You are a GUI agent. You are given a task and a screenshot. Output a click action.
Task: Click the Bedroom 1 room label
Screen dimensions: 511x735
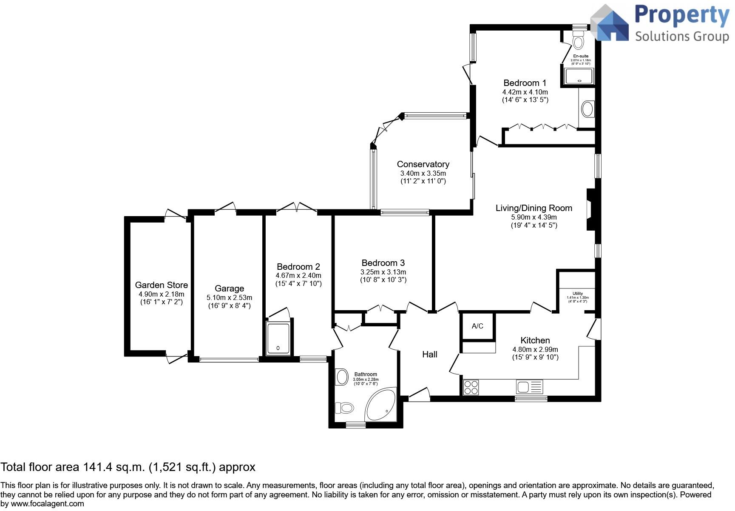[525, 83]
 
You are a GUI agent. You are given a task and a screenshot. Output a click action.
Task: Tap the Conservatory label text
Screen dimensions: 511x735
[423, 164]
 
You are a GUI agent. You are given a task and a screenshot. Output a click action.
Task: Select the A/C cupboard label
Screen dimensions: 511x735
[477, 326]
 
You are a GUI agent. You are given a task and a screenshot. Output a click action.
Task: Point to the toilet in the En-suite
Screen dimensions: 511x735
[578, 41]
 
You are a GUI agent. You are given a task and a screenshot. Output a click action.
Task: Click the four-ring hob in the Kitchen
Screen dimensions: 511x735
[471, 387]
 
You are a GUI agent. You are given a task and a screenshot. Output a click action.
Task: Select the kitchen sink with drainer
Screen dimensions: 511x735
[529, 387]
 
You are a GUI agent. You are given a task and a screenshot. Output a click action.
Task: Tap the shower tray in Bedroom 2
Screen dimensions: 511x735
[278, 339]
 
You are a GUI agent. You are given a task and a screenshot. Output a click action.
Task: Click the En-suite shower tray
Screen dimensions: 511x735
[579, 77]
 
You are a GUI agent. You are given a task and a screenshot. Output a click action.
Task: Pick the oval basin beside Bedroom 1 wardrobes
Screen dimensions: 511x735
[587, 108]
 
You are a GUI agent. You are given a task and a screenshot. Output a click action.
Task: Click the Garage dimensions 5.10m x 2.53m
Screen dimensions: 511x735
[229, 297]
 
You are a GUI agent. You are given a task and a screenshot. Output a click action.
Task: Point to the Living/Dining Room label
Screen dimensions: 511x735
[534, 208]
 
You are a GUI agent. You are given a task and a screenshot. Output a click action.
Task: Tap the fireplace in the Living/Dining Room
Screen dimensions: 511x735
[591, 210]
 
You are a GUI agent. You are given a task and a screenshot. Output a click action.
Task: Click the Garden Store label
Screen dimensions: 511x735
[161, 285]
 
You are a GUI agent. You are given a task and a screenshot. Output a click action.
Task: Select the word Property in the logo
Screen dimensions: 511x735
[681, 15]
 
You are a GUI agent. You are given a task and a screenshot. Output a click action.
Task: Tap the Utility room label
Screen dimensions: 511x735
[577, 294]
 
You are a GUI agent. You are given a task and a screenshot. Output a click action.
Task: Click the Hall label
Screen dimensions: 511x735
[429, 354]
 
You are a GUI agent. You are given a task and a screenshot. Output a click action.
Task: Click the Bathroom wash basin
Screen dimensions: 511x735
[342, 377]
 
